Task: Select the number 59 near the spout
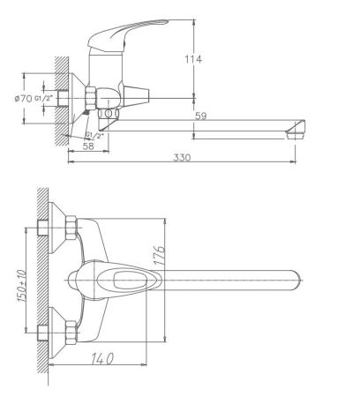202,115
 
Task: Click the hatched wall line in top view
41,282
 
